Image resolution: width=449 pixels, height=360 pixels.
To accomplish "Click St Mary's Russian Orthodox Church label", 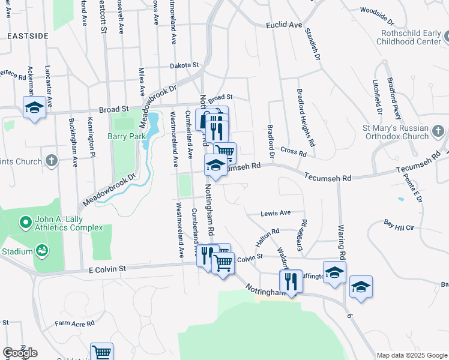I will tap(396, 132).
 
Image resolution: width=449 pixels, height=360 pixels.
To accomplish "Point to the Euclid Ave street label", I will tap(285, 25).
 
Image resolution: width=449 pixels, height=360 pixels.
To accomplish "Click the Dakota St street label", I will tap(184, 65).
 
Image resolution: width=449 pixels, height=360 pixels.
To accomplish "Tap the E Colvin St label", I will tap(107, 270).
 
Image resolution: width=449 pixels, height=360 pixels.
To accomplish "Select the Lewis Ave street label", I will tap(276, 213).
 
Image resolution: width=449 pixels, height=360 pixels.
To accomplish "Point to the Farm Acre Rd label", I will tap(75, 323).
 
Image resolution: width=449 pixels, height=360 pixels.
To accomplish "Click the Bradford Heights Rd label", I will tap(306, 118).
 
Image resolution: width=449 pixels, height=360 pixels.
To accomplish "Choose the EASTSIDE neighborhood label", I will tap(28, 37).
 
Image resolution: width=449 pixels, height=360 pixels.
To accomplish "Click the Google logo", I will tap(20, 352).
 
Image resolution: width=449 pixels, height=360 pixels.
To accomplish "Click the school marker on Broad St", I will tap(34, 107).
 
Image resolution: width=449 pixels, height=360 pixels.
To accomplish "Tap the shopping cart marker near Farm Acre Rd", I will tap(101, 352).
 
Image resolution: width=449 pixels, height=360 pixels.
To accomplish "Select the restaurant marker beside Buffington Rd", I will tap(291, 281).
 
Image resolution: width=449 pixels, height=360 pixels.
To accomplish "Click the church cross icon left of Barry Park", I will tap(52, 161).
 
